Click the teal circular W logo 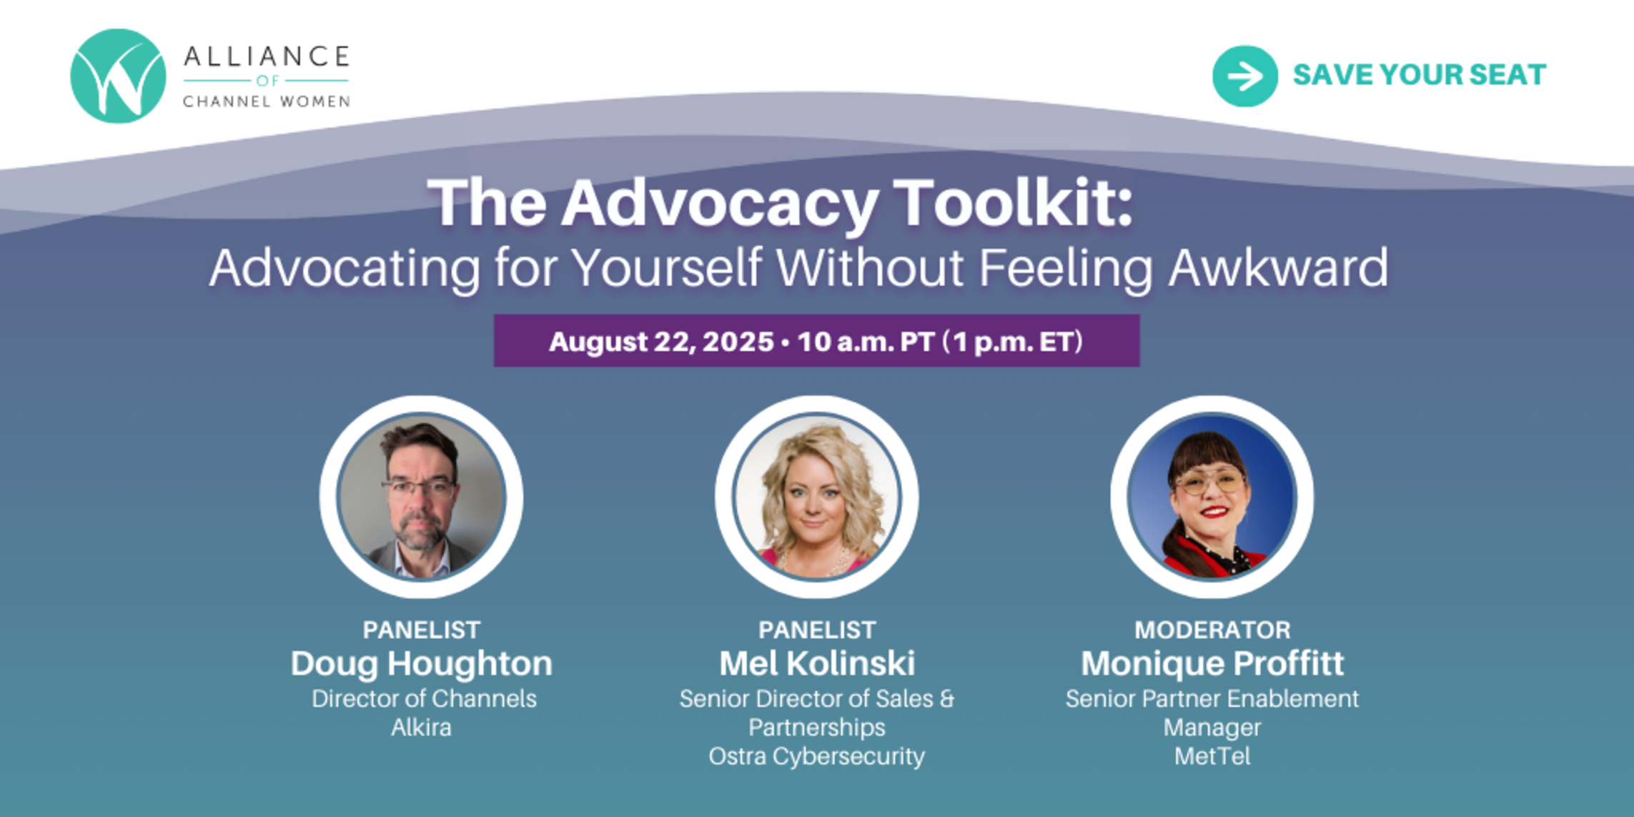point(118,76)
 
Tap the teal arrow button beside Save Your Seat point(1244,76)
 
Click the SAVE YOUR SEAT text point(1420,75)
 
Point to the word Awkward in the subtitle point(1278,268)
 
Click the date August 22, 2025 point(661,342)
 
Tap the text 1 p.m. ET point(1017,342)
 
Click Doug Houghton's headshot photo point(421,497)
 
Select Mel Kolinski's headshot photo point(817,497)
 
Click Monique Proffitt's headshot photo point(1212,497)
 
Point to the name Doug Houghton point(421,664)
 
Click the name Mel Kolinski point(817,663)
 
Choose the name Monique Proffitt point(1212,664)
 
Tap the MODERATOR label point(1212,630)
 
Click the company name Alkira point(421,728)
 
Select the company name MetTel point(1212,756)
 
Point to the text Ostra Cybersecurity point(817,757)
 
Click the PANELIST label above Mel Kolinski point(817,630)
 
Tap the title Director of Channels point(424,698)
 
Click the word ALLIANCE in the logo point(267,56)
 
